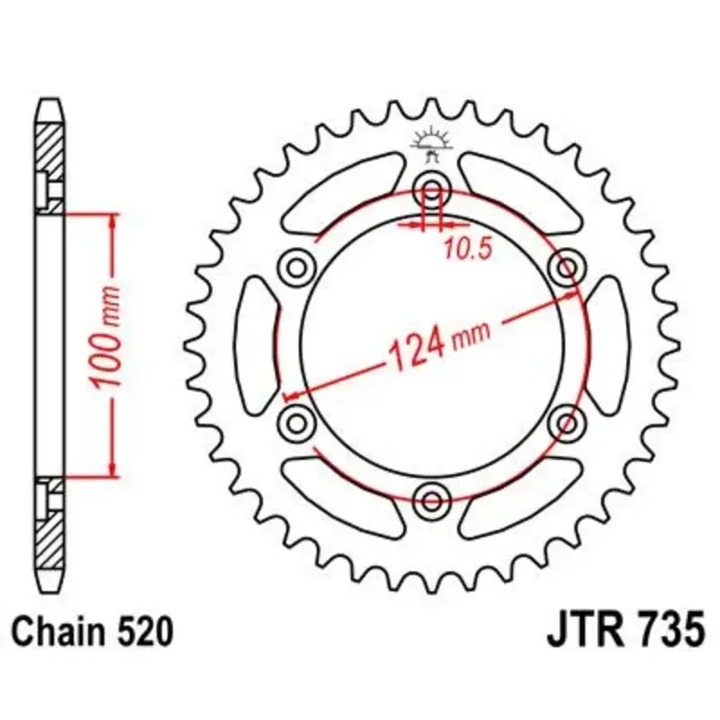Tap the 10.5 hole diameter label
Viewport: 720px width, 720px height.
pyautogui.click(x=467, y=249)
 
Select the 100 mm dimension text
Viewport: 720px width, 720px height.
pyautogui.click(x=104, y=337)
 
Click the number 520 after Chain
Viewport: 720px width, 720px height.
pyautogui.click(x=145, y=632)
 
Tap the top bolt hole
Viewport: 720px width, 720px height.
pyautogui.click(x=432, y=189)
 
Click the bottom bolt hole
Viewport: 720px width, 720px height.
pyautogui.click(x=432, y=500)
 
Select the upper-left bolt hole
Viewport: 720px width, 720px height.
pyautogui.click(x=297, y=266)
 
